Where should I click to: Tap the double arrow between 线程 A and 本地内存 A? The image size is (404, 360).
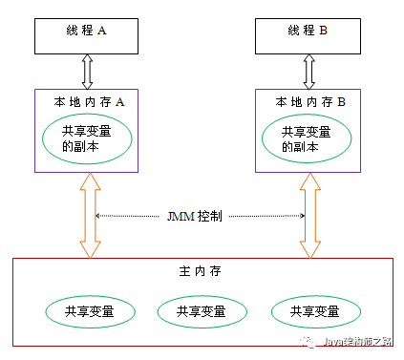88,71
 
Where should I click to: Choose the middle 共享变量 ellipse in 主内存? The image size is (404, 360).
202,311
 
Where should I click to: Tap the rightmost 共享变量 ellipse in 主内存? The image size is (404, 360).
316,311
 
